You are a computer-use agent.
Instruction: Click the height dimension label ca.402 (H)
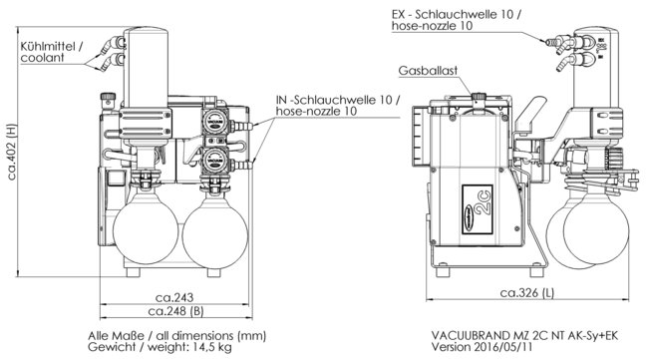[12, 152]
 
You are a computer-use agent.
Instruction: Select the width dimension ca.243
[174, 297]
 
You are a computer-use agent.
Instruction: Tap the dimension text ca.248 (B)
[176, 311]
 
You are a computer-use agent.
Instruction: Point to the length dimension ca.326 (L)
[527, 293]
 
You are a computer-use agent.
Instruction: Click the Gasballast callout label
[428, 71]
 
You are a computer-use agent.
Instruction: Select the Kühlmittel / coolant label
[51, 52]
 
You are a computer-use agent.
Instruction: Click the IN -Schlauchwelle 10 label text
[338, 100]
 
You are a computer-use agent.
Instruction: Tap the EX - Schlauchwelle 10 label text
[457, 15]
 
